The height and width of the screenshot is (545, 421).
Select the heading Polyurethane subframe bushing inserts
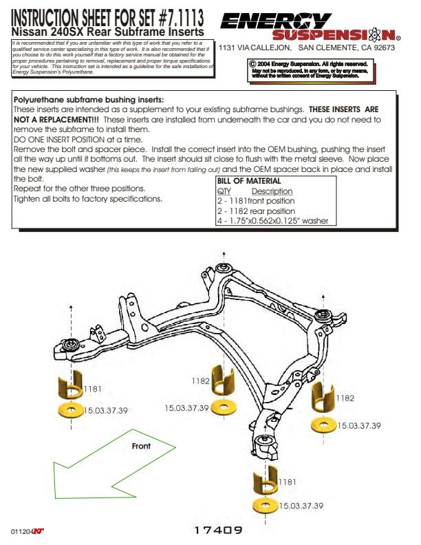coord(89,100)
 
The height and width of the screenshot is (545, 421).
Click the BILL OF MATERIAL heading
coord(249,181)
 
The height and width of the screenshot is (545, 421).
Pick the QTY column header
coord(224,191)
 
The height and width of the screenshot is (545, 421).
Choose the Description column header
coord(272,191)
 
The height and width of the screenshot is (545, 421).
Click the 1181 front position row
coord(255,201)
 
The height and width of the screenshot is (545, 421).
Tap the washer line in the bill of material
coord(272,221)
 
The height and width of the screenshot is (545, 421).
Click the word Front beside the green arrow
coord(141,446)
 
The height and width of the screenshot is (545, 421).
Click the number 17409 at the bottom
coord(218,531)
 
